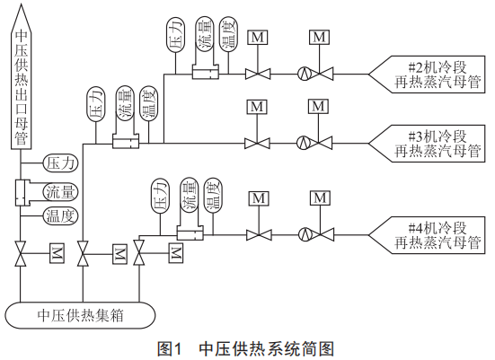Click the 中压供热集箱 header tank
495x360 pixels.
[x=80, y=315]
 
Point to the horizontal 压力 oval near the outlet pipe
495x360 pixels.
[x=60, y=163]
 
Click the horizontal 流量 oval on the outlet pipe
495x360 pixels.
[x=60, y=192]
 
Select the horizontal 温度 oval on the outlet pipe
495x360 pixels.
[x=60, y=216]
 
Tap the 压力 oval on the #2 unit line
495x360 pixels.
[x=175, y=34]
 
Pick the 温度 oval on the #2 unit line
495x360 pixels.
[x=228, y=34]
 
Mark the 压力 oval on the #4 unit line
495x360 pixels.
[x=160, y=196]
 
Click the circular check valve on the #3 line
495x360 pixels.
[x=304, y=144]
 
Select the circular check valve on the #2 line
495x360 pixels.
[x=305, y=75]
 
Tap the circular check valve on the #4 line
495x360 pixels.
[x=305, y=234]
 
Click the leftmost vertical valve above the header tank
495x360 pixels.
[x=21, y=254]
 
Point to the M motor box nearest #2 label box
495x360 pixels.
[x=319, y=37]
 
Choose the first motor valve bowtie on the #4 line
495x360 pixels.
[x=259, y=235]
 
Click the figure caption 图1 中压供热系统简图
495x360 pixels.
[x=245, y=349]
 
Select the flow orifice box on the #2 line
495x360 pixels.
[x=206, y=72]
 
